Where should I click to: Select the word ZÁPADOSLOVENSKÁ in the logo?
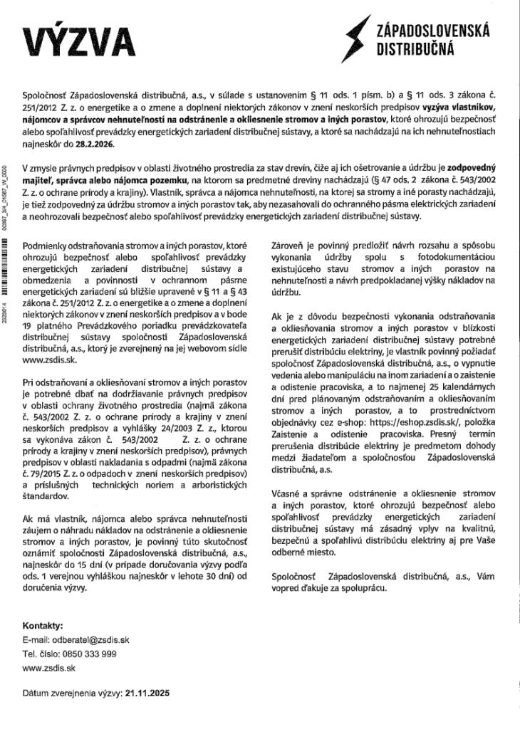point(427,29)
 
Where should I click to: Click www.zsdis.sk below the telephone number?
point(49,668)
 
